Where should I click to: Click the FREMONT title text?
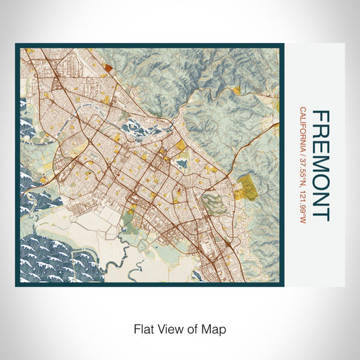point(320,165)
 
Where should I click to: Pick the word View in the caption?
point(167,328)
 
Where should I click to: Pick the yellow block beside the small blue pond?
point(181,146)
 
